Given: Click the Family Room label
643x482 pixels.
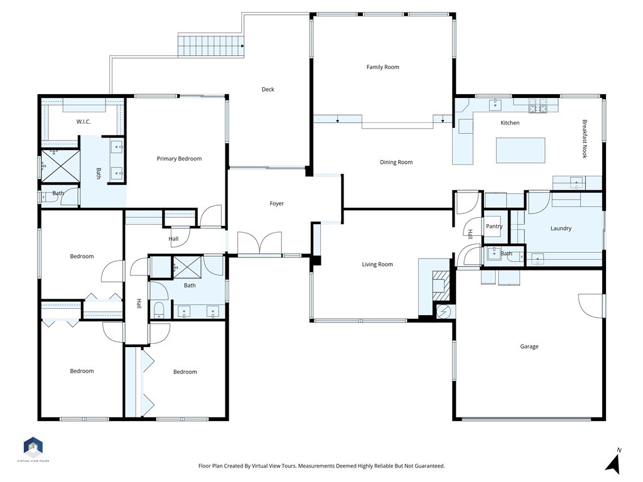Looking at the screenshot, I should click(x=382, y=67).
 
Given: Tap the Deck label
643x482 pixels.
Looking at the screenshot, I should click(x=268, y=89).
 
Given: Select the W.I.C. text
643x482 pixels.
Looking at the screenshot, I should click(x=84, y=122).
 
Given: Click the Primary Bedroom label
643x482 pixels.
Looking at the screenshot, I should click(x=179, y=159).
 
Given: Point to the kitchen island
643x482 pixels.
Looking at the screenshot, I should click(x=521, y=151).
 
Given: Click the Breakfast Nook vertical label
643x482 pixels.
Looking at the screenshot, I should click(x=585, y=139).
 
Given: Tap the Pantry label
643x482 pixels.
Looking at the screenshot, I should click(x=494, y=227).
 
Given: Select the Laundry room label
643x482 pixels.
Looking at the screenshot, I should click(x=561, y=228).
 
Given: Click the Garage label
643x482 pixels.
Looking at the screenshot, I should click(x=529, y=346).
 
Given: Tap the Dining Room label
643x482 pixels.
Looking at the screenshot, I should click(x=396, y=163).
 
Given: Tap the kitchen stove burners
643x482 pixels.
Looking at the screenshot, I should click(x=537, y=105).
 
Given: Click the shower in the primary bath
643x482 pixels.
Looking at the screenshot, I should click(x=59, y=164).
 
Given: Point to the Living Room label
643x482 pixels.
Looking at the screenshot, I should click(x=377, y=264).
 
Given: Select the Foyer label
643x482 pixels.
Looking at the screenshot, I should click(x=277, y=203).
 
